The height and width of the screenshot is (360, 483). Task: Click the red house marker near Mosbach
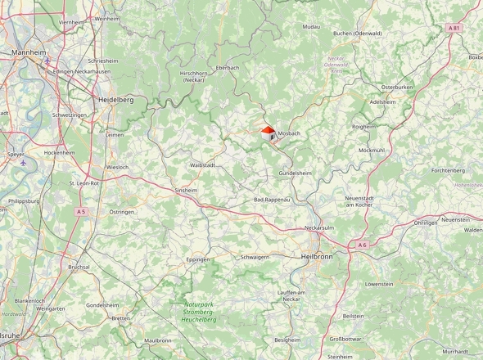tap(269, 133)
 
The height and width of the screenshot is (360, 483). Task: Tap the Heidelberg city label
tap(115, 99)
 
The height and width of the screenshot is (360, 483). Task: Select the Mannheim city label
tap(29, 52)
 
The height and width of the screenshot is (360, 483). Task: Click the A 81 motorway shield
tap(454, 28)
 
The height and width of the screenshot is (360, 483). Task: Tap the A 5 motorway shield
tap(81, 212)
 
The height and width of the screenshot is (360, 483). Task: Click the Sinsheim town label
tap(186, 190)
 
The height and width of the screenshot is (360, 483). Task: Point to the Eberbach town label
tap(227, 67)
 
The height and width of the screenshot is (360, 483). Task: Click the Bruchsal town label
tap(79, 267)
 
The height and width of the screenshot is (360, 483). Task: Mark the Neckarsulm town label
tap(321, 227)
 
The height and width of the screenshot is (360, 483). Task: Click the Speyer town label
tap(15, 154)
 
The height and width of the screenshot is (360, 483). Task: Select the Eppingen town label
tap(198, 259)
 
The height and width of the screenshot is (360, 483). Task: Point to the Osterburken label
tap(397, 87)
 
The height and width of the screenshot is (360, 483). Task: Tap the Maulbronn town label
tap(157, 340)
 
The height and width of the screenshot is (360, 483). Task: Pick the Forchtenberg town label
tap(448, 170)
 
